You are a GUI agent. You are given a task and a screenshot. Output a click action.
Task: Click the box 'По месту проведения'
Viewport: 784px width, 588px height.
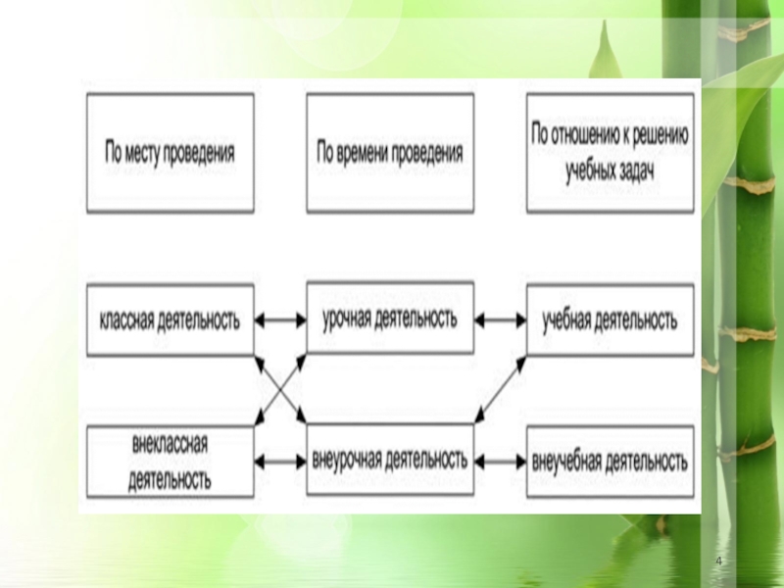(x=171, y=153)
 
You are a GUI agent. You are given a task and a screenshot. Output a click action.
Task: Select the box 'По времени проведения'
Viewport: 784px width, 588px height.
(x=390, y=153)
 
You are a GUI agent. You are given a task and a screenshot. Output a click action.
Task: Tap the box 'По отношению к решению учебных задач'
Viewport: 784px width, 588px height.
(x=610, y=153)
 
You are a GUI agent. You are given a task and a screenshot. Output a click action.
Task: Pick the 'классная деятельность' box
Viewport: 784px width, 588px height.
(x=171, y=320)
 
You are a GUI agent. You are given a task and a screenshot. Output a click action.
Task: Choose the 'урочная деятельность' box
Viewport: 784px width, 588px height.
(x=390, y=318)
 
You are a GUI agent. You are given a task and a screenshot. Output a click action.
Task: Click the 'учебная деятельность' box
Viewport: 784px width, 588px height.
(x=610, y=320)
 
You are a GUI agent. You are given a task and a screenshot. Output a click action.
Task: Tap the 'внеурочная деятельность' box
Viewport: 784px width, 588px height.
(x=390, y=459)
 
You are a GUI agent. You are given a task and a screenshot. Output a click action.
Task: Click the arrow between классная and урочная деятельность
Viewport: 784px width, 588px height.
(x=280, y=319)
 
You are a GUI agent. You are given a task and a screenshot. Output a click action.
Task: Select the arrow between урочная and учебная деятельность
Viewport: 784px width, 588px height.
(x=500, y=319)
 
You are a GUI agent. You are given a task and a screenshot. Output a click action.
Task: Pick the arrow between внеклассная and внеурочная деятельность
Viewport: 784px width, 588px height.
(x=280, y=460)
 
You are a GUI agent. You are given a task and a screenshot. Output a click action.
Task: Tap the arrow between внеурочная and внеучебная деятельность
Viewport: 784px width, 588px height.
(x=500, y=460)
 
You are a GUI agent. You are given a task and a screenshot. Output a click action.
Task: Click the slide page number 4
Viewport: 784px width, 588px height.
(x=720, y=560)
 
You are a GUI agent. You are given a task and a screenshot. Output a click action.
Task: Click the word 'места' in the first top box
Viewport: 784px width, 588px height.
(x=150, y=154)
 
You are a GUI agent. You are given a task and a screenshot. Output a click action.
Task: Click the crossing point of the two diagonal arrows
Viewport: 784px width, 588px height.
(x=280, y=389)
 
